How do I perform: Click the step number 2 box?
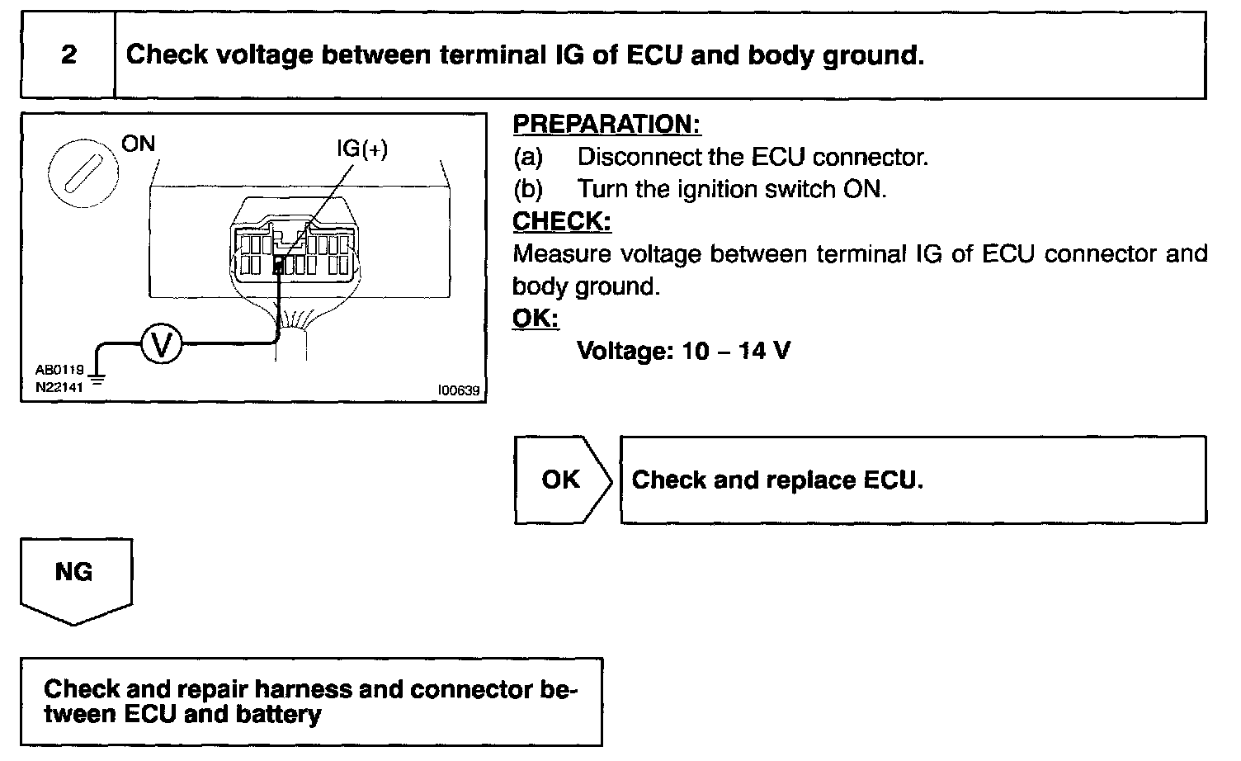point(68,55)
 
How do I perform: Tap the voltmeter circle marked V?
point(162,345)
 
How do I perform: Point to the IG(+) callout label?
point(361,149)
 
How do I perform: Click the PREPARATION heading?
point(606,125)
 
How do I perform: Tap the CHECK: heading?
point(562,221)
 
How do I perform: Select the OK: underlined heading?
point(536,319)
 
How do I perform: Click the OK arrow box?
point(561,480)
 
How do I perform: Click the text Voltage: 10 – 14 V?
point(683,351)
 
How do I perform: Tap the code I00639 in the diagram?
point(460,390)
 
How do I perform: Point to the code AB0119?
point(59,371)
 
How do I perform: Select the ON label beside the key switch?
point(138,144)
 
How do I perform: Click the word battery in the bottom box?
point(278,714)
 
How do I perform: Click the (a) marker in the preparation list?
point(528,157)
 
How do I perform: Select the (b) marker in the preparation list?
point(528,189)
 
